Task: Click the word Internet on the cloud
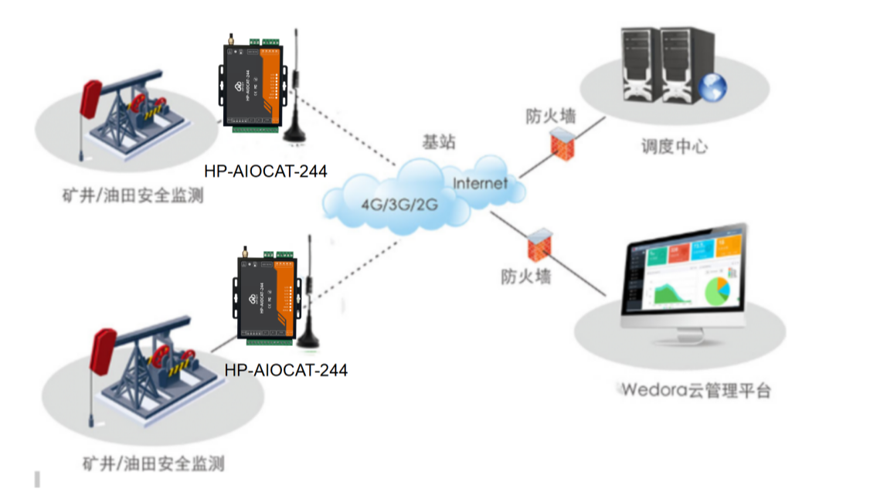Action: click(480, 183)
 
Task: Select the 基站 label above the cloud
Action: click(438, 142)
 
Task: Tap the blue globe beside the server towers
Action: click(712, 87)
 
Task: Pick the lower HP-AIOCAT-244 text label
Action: click(286, 370)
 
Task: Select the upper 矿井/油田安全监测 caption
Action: click(134, 196)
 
